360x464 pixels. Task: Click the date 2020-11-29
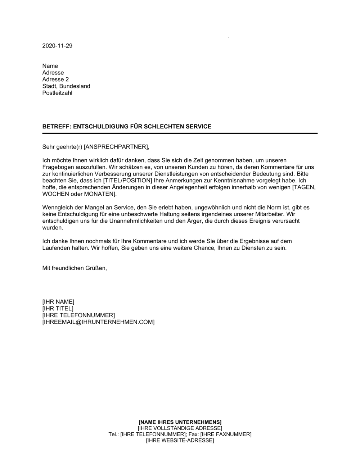click(x=57, y=46)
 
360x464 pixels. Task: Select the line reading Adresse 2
click(x=55, y=79)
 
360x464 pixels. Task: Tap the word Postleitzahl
click(x=57, y=93)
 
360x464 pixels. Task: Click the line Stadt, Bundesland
click(x=66, y=86)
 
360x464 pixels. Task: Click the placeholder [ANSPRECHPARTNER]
click(x=116, y=147)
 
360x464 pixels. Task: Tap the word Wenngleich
click(x=57, y=208)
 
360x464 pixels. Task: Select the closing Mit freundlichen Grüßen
click(x=75, y=268)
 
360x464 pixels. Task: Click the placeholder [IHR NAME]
click(x=58, y=302)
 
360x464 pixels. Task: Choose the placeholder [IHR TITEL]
click(x=58, y=309)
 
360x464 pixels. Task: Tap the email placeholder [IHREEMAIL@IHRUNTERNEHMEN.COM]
click(x=98, y=322)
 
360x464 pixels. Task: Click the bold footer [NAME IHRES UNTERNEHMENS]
click(x=180, y=422)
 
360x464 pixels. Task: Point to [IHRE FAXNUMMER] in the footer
click(x=226, y=435)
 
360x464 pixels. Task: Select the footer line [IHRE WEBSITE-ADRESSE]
click(x=180, y=441)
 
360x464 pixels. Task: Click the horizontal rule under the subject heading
click(x=180, y=133)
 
